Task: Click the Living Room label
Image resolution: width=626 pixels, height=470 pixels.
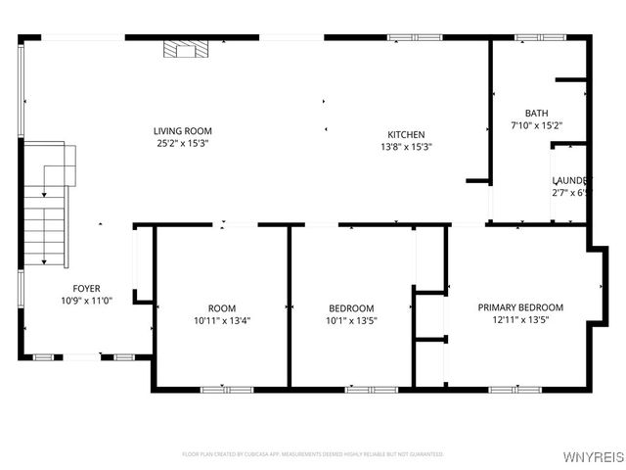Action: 182,131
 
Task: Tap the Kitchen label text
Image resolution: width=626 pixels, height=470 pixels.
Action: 406,134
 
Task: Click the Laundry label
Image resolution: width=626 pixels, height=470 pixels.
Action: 571,181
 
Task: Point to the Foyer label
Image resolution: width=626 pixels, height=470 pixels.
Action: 86,289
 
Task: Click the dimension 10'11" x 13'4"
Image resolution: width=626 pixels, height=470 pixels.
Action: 222,320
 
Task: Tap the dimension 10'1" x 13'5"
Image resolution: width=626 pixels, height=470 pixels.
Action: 351,320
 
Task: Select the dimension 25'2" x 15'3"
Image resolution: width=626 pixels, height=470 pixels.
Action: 182,144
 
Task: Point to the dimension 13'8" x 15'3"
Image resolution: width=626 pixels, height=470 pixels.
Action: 406,147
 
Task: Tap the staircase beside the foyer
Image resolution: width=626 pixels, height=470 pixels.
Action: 45,220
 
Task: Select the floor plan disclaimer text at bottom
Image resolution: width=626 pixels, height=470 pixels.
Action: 313,454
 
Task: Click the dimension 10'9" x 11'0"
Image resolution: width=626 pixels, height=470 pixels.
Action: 86,302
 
